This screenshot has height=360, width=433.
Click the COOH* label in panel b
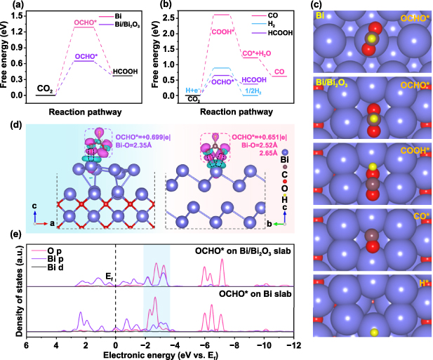223,30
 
